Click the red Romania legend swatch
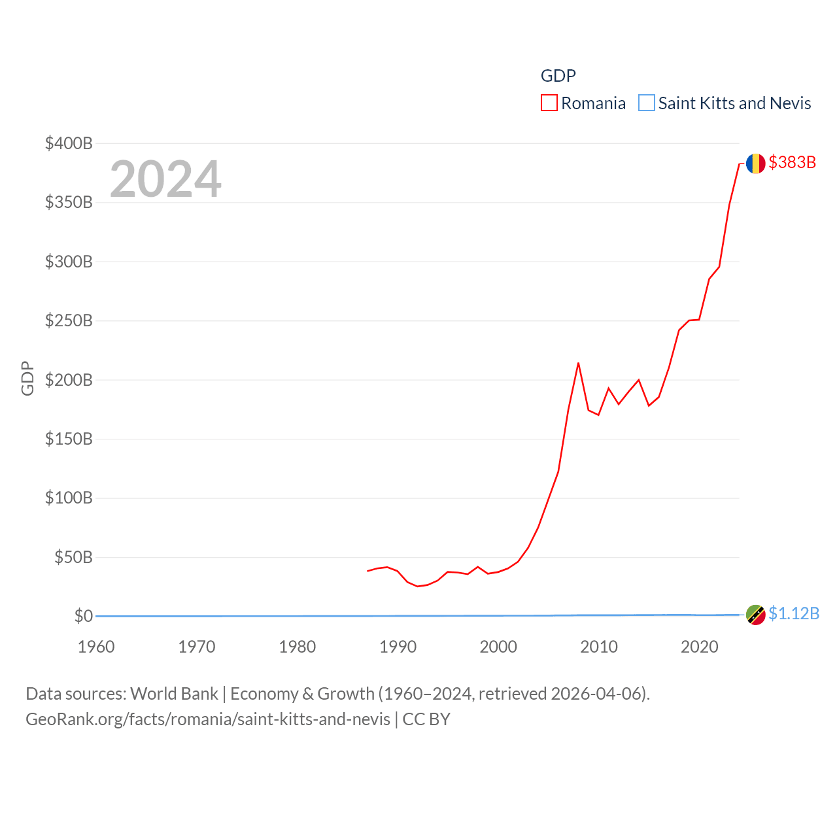click(549, 103)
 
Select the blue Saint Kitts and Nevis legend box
click(646, 103)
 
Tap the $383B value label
click(792, 162)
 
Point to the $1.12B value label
click(794, 613)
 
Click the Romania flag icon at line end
click(755, 163)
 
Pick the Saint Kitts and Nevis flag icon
click(755, 615)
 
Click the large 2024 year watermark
click(165, 179)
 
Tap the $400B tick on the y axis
click(69, 143)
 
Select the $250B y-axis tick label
click(69, 320)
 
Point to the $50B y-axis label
click(73, 557)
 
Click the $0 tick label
click(83, 616)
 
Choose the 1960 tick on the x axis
click(96, 647)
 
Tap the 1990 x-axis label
click(398, 647)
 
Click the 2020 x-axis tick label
click(699, 647)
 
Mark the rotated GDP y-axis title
click(27, 378)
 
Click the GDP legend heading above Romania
click(558, 76)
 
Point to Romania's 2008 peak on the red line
click(578, 363)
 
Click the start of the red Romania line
click(368, 571)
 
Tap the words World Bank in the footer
click(174, 693)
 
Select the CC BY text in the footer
click(426, 719)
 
